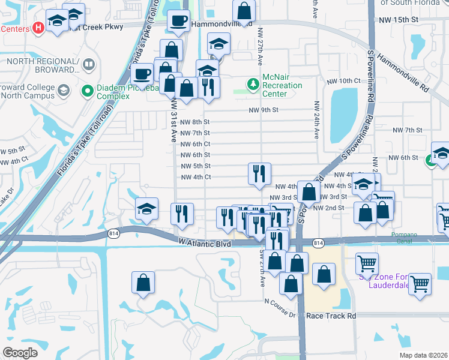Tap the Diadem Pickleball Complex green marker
point(88,91)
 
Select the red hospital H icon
point(39,27)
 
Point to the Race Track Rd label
point(331,315)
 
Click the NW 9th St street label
point(264,110)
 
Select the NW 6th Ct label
point(195,144)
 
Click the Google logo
point(20,352)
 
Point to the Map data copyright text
point(423,355)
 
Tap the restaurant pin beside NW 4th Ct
point(260,174)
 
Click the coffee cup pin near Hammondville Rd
point(178,22)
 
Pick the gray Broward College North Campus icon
point(65,91)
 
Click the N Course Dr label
point(281,314)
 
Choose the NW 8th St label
point(195,122)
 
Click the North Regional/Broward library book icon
point(89,64)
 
